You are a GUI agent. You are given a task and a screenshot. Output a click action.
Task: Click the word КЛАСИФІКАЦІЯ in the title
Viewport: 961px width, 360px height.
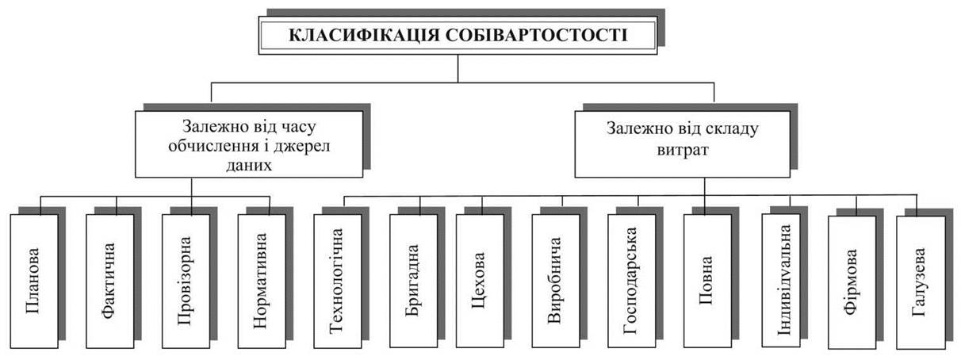pyautogui.click(x=364, y=35)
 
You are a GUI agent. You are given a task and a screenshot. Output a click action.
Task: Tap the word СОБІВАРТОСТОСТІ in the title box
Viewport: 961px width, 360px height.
pyautogui.click(x=536, y=35)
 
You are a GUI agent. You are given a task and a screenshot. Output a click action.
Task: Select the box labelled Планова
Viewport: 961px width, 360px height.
pyautogui.click(x=34, y=281)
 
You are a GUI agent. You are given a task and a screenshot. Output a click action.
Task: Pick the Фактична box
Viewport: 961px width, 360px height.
pyautogui.click(x=110, y=281)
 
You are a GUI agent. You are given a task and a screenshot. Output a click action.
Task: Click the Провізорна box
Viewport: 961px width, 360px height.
pyautogui.click(x=186, y=281)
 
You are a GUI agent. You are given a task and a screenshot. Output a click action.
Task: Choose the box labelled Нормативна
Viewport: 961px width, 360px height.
pyautogui.click(x=262, y=281)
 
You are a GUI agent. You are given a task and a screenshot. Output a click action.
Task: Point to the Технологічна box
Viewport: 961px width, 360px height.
pyautogui.click(x=338, y=281)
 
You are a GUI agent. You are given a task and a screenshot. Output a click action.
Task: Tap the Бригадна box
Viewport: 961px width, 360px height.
pyautogui.click(x=414, y=281)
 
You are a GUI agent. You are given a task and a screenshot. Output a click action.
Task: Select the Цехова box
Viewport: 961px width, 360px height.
pyautogui.click(x=480, y=281)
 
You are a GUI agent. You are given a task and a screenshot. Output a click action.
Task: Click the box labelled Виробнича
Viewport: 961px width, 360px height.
pyautogui.click(x=556, y=281)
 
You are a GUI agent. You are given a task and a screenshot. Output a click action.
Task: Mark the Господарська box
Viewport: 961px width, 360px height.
pyautogui.click(x=632, y=281)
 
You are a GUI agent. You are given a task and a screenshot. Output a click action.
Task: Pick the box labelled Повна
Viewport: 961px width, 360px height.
pyautogui.click(x=708, y=281)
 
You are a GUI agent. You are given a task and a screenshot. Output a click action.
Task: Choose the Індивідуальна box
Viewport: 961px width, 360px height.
pyautogui.click(x=781, y=280)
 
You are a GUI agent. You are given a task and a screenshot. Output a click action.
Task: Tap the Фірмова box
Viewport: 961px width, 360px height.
pyautogui.click(x=852, y=282)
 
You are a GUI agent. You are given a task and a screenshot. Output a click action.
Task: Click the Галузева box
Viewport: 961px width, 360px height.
pyautogui.click(x=921, y=282)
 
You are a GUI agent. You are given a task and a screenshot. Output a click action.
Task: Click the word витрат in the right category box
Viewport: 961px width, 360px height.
pyautogui.click(x=683, y=150)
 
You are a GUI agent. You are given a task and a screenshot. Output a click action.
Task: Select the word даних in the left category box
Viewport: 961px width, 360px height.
pyautogui.click(x=249, y=165)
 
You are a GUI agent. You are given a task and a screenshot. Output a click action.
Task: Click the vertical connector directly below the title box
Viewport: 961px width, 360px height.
pyautogui.click(x=458, y=68)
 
